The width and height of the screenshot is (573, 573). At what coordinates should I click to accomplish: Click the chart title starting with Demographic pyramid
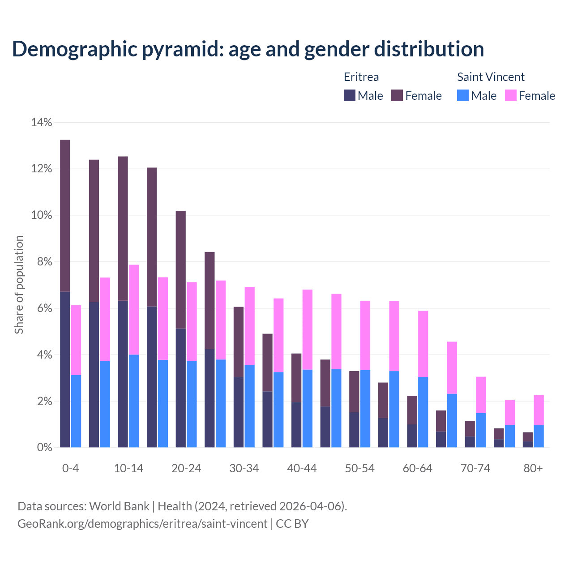pyautogui.click(x=248, y=49)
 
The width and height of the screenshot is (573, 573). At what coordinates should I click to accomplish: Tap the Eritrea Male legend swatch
pyautogui.click(x=350, y=95)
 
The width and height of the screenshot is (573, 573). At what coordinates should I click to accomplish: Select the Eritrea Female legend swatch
pyautogui.click(x=397, y=95)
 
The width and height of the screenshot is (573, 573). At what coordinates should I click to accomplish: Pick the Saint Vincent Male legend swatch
pyautogui.click(x=463, y=95)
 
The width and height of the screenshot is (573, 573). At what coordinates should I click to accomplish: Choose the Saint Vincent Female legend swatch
pyautogui.click(x=511, y=95)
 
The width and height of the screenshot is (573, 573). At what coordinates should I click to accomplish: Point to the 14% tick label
pyautogui.click(x=42, y=122)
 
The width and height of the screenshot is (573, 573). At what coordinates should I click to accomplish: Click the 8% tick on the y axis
pyautogui.click(x=44, y=262)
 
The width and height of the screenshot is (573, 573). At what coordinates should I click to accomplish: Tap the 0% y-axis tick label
pyautogui.click(x=44, y=447)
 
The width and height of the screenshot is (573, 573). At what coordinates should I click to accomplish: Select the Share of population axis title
pyautogui.click(x=19, y=285)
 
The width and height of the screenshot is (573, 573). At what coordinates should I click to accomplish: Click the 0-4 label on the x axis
pyautogui.click(x=70, y=468)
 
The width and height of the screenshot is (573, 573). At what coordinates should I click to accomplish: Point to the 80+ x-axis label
pyautogui.click(x=533, y=468)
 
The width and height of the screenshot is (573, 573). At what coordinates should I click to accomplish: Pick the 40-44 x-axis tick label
pyautogui.click(x=302, y=468)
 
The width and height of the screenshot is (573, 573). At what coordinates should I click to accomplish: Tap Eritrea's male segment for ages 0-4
pyautogui.click(x=65, y=369)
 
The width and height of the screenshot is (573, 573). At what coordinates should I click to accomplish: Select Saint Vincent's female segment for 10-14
pyautogui.click(x=134, y=310)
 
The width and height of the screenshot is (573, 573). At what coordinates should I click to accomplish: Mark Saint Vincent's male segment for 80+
pyautogui.click(x=539, y=436)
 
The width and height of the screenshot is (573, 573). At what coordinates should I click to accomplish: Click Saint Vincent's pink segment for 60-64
pyautogui.click(x=423, y=344)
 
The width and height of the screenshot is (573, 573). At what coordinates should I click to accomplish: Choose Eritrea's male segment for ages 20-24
pyautogui.click(x=180, y=388)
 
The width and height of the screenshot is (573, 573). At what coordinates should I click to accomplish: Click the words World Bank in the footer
pyautogui.click(x=119, y=506)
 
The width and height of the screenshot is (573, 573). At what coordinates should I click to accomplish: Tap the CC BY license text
pyautogui.click(x=292, y=523)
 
